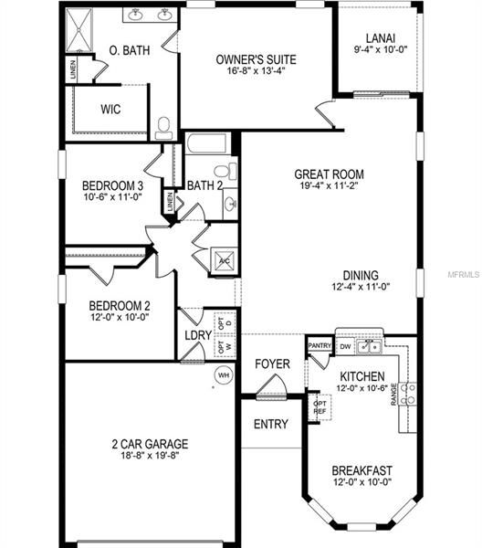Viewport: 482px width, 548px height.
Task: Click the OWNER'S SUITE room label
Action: tap(256, 59)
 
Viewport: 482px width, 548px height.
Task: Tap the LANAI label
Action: tap(381, 37)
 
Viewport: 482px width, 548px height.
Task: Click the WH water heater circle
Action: tap(223, 374)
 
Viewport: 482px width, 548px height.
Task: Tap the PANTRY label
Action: tap(320, 345)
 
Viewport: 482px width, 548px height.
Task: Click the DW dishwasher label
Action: tap(345, 347)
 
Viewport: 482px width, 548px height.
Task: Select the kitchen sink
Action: tap(370, 346)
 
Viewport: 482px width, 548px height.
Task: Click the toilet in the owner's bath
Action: tap(164, 126)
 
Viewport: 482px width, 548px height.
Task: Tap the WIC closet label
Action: tap(110, 109)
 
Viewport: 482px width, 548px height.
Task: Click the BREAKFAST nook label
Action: tap(362, 470)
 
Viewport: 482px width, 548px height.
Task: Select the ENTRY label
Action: tap(271, 424)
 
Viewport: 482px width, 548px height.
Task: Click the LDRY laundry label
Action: tap(197, 335)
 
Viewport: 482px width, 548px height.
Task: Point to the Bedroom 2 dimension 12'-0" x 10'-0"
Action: tap(119, 317)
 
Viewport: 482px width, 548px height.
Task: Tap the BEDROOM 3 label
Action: tap(112, 185)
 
